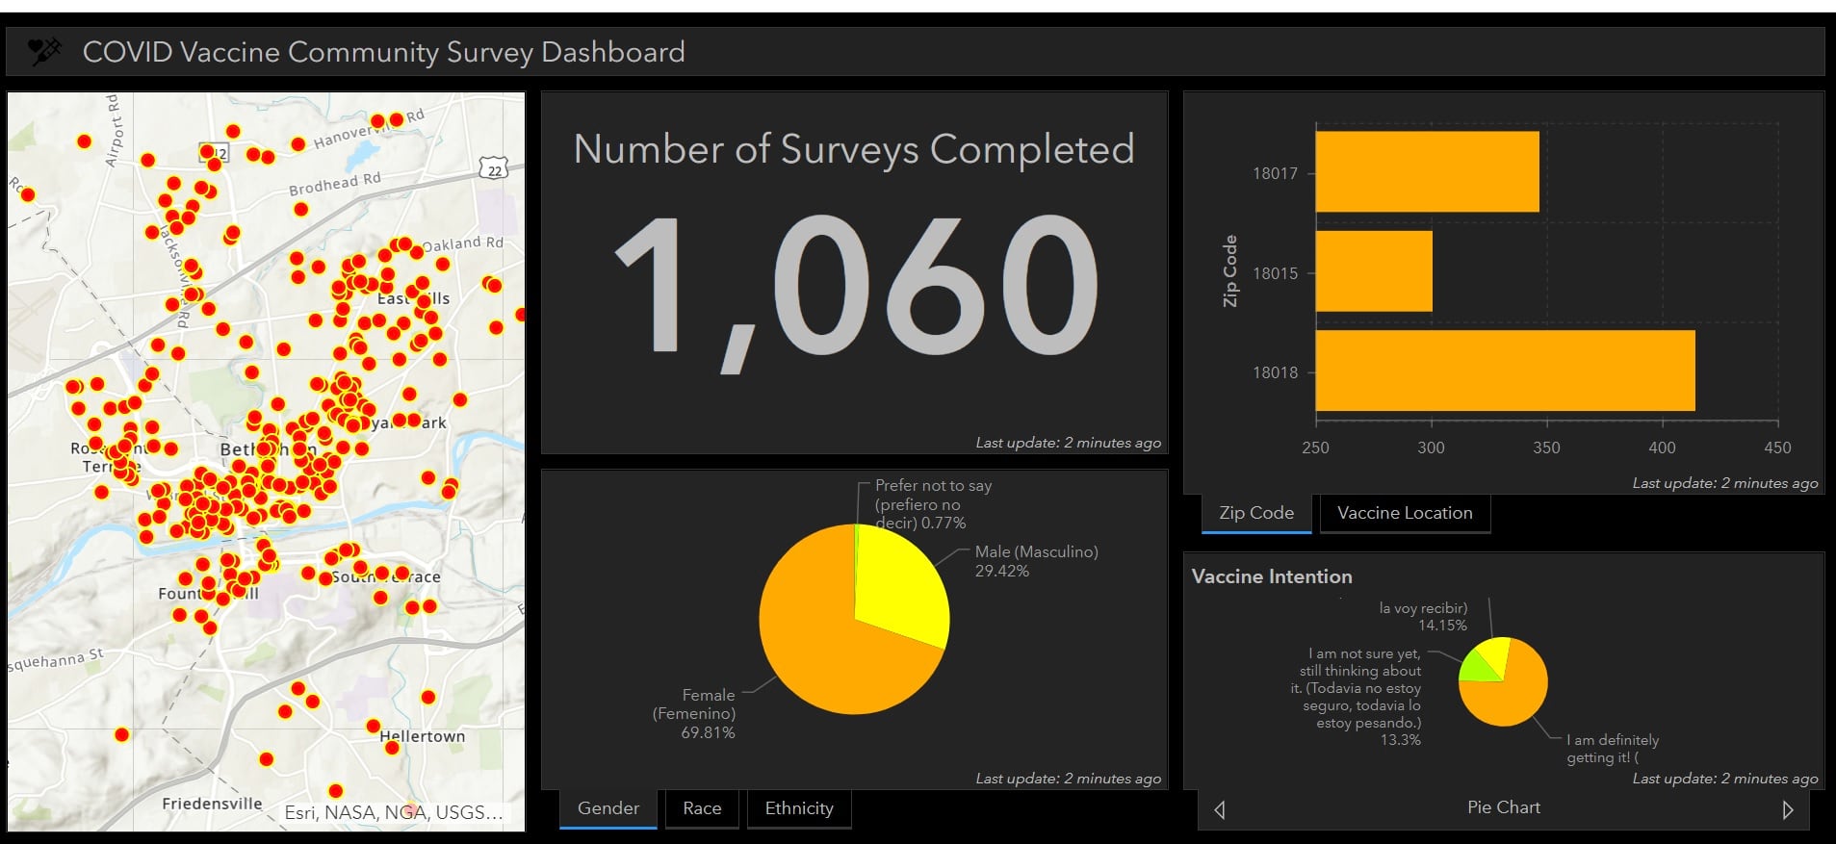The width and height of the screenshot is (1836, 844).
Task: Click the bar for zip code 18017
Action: tap(1427, 171)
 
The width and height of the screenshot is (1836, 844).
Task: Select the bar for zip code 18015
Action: tap(1374, 271)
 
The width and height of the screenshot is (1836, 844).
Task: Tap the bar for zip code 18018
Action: tap(1505, 371)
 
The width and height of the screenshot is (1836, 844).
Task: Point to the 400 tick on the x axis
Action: tap(1662, 448)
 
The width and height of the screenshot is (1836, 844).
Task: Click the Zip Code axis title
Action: tap(1229, 271)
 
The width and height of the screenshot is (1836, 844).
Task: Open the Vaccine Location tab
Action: tap(1405, 513)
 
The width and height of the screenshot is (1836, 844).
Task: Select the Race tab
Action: tap(702, 808)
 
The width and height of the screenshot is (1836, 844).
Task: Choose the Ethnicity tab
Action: tap(799, 808)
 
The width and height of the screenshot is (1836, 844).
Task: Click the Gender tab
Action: tap(608, 808)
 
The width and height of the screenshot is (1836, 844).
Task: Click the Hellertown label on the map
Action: tap(422, 736)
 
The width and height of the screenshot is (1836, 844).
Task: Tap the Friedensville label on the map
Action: tap(212, 804)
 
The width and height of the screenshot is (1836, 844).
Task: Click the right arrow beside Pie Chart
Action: tap(1788, 809)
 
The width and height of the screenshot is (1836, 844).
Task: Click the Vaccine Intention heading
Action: tap(1272, 576)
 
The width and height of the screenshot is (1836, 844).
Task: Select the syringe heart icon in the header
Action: tap(44, 51)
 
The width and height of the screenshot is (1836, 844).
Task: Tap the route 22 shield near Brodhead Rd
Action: tap(494, 170)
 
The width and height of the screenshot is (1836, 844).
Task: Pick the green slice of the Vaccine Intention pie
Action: tap(1475, 666)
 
